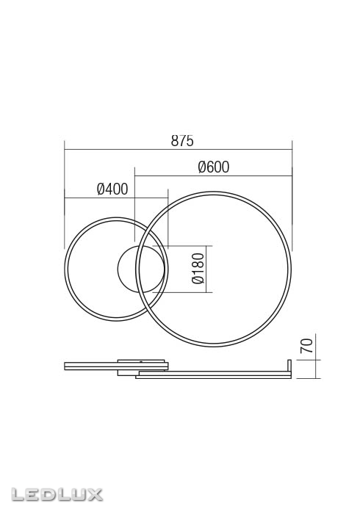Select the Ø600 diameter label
tap(213, 167)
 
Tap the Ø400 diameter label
tap(112, 189)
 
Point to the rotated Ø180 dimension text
tap(197, 269)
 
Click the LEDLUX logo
tap(52, 494)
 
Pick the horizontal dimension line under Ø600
tap(213, 175)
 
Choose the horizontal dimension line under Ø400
tap(116, 198)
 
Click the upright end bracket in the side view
tap(289, 368)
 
